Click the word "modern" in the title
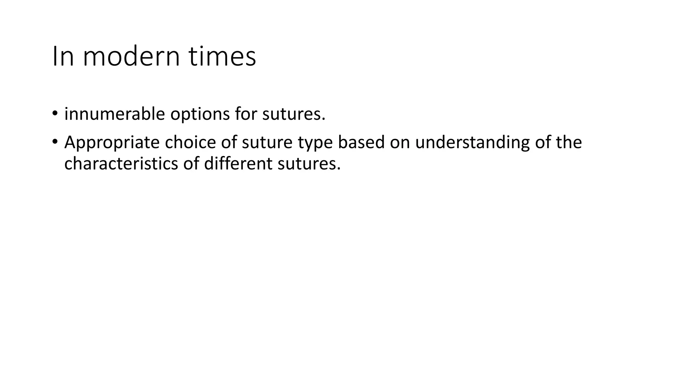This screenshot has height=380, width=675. tap(131, 56)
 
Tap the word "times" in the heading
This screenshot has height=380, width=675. tap(222, 56)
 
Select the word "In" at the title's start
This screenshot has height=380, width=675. tap(63, 56)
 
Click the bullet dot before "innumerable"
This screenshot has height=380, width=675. tap(55, 114)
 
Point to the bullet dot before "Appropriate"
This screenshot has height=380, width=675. tap(55, 142)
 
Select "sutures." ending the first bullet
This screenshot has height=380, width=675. tap(294, 114)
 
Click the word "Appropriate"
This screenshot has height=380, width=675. tap(112, 143)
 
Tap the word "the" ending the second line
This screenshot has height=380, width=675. tap(569, 142)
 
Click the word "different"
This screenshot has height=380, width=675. tap(238, 164)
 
